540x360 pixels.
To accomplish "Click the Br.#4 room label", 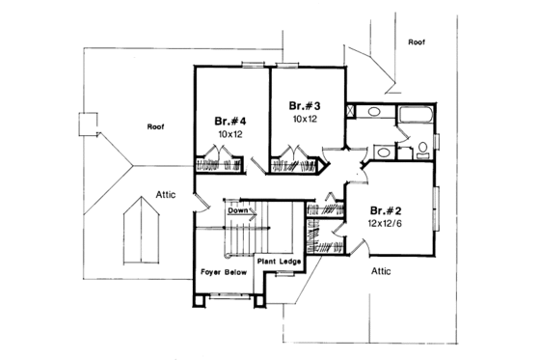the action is pyautogui.click(x=232, y=123).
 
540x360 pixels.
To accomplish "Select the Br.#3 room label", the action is pyautogui.click(x=305, y=104).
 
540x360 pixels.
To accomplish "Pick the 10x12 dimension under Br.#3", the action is pyautogui.click(x=305, y=119).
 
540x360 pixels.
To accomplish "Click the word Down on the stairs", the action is pyautogui.click(x=238, y=209).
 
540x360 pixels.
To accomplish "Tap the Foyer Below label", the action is pyautogui.click(x=224, y=273).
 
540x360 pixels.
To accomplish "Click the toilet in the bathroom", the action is pyautogui.click(x=422, y=150).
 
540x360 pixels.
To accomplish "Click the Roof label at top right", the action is pyautogui.click(x=417, y=42).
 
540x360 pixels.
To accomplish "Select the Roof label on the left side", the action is pyautogui.click(x=155, y=126).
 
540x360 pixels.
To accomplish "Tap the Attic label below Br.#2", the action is pyautogui.click(x=382, y=272).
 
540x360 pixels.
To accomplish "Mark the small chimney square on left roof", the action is pyautogui.click(x=89, y=124).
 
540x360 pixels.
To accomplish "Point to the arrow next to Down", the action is pyautogui.click(x=256, y=209).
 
